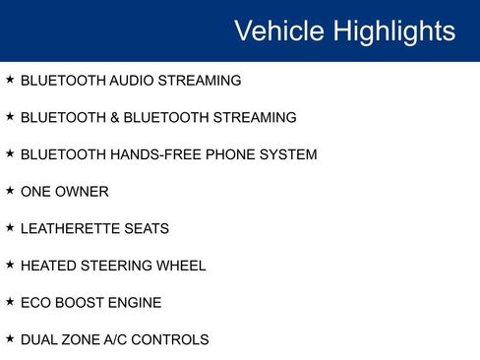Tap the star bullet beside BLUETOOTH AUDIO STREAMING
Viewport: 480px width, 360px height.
click(x=10, y=80)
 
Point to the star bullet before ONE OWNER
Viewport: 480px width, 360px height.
click(x=10, y=191)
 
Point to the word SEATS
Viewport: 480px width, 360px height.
click(x=147, y=229)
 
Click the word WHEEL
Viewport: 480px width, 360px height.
click(x=181, y=266)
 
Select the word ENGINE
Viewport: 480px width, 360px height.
click(x=136, y=303)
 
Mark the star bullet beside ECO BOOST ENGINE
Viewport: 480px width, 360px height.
click(x=10, y=302)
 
